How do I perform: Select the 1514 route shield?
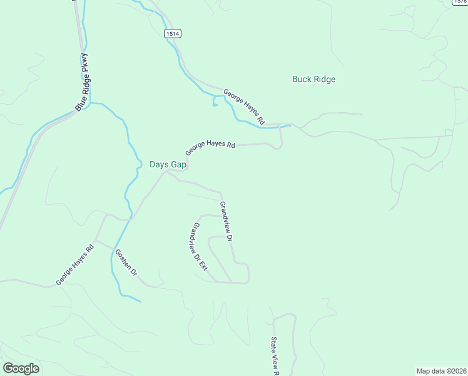[173, 33]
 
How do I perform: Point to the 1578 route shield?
[460, 2]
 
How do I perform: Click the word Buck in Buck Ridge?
[302, 79]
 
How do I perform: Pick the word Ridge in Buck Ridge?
[325, 79]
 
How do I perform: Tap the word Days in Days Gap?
[159, 164]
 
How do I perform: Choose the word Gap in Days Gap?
[180, 164]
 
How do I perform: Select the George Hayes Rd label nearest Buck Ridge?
[245, 106]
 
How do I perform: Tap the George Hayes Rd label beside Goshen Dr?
[74, 264]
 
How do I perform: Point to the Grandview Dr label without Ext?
[226, 221]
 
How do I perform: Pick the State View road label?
[274, 355]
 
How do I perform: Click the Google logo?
[21, 368]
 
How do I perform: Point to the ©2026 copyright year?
[456, 371]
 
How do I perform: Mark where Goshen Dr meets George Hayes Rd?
[95, 240]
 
